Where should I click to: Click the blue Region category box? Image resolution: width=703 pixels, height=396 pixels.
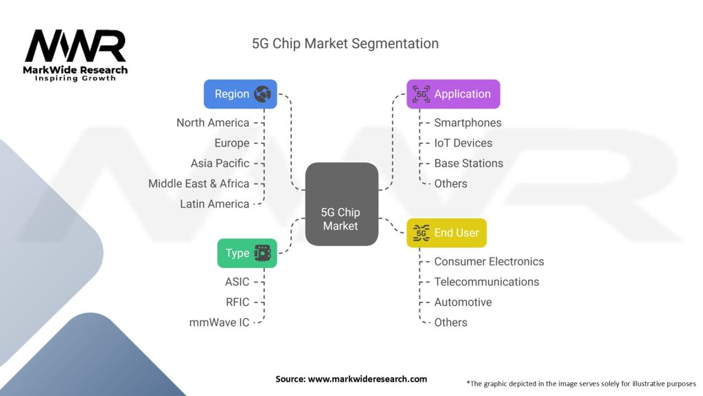[240, 94]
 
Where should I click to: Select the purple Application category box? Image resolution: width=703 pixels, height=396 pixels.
[453, 94]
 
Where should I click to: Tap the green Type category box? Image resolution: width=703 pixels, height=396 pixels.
[247, 253]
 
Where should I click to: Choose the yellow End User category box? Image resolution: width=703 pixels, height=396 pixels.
[447, 232]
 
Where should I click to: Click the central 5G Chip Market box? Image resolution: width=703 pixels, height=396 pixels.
[341, 204]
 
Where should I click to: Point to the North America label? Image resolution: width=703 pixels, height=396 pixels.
[213, 122]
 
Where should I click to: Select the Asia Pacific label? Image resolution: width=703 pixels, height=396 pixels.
[220, 163]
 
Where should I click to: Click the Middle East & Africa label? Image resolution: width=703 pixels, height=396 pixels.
[198, 184]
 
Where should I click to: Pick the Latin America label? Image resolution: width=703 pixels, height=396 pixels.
[214, 203]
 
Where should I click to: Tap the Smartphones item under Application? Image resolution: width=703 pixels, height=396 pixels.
[468, 122]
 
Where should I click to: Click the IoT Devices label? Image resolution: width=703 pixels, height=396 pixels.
[463, 143]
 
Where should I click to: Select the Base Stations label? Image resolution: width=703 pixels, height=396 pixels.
[468, 163]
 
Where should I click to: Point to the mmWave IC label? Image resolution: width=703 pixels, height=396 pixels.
[219, 322]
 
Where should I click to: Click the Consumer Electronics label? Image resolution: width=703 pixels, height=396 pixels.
[489, 261]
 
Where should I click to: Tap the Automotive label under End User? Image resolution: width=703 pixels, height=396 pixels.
[463, 302]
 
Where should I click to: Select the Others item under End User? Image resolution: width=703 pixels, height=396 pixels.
[450, 322]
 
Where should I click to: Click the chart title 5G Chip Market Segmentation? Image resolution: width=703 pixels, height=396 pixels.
[345, 43]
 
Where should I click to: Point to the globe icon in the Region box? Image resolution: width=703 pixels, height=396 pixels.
[262, 94]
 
